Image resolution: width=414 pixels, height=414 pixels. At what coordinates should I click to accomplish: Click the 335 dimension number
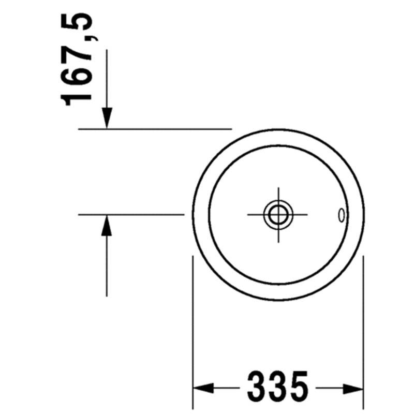point(278,387)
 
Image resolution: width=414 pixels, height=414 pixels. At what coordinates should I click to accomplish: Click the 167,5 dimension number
point(77,59)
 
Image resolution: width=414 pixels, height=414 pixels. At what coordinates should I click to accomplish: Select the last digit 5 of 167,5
point(77,23)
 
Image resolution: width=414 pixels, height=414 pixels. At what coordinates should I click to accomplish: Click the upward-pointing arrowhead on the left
point(107,226)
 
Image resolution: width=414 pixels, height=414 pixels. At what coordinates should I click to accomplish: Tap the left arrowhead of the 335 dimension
point(203,388)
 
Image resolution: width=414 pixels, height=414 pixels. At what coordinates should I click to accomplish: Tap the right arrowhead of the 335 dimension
point(353,388)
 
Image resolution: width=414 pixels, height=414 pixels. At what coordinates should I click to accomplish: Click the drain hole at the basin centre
point(278,215)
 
